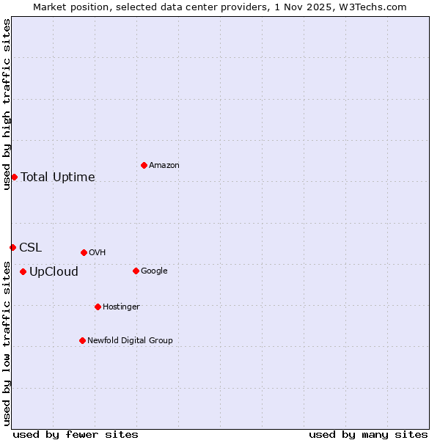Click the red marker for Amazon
(x=144, y=165)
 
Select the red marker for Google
(x=136, y=271)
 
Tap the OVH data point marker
(x=84, y=252)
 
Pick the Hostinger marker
(x=98, y=307)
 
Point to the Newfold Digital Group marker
(x=82, y=340)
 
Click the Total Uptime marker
(x=14, y=177)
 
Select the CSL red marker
(x=12, y=247)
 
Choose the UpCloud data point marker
(x=23, y=272)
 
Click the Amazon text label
(x=164, y=166)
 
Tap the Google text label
(x=154, y=271)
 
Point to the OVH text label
(x=98, y=253)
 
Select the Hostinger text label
(x=121, y=307)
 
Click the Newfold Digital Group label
(x=130, y=341)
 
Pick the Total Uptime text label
(x=58, y=177)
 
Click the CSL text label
(x=31, y=248)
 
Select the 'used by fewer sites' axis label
(x=76, y=435)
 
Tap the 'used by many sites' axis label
(x=368, y=435)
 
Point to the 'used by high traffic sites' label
(x=7, y=104)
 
